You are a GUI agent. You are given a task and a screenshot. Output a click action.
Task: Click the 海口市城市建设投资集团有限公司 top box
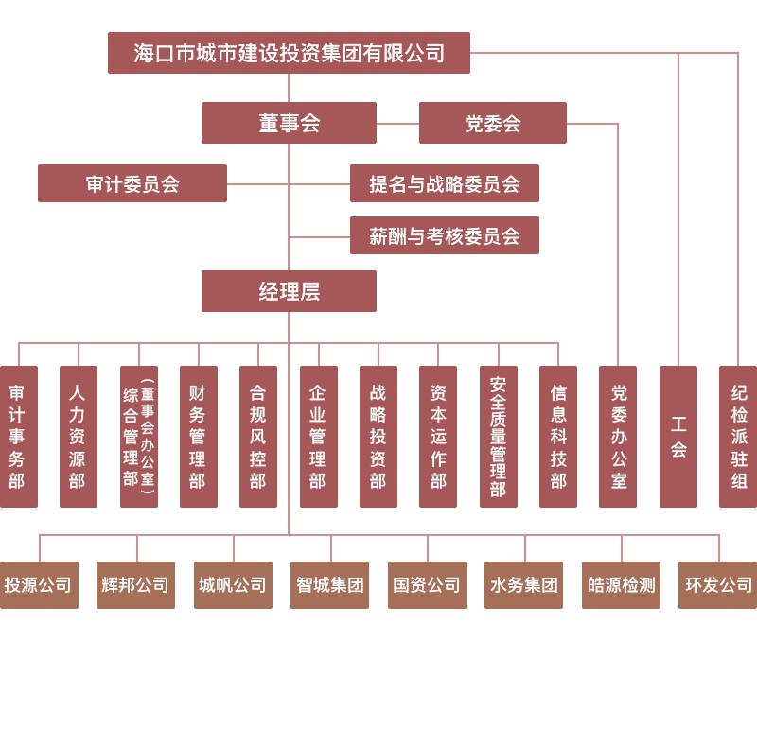[x=289, y=53]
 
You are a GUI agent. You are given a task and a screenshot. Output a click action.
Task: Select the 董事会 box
[x=289, y=123]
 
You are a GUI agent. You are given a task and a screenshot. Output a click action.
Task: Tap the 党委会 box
[x=492, y=123]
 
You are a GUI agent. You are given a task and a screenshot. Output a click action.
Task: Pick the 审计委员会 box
[x=132, y=183]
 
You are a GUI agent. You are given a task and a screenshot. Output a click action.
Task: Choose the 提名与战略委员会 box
[x=444, y=183]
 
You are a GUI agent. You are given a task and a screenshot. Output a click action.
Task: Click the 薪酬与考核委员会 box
[x=444, y=235]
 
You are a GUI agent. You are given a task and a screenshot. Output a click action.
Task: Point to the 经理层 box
[x=289, y=291]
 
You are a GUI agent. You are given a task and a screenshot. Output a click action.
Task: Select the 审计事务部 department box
[x=17, y=437]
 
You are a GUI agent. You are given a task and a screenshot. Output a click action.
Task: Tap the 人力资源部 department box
[x=78, y=437]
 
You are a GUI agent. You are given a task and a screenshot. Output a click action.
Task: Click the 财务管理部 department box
[x=198, y=437]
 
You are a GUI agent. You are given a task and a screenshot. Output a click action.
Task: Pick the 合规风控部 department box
[x=257, y=437]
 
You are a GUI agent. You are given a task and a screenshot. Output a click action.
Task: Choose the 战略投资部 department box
[x=378, y=437]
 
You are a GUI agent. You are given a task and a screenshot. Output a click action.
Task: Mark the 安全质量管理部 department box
[x=498, y=437]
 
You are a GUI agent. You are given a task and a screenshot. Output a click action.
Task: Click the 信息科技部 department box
[x=557, y=437]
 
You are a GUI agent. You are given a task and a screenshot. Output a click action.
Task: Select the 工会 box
[x=678, y=437]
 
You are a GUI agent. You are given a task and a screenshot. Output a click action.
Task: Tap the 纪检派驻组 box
[x=738, y=437]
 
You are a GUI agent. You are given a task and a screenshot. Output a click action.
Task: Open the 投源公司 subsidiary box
[x=39, y=585]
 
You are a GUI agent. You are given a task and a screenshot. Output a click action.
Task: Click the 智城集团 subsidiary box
[x=329, y=585]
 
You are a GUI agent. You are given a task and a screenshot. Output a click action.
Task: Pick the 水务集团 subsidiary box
[x=523, y=585]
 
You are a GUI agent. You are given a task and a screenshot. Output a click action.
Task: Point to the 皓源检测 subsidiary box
[x=621, y=585]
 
